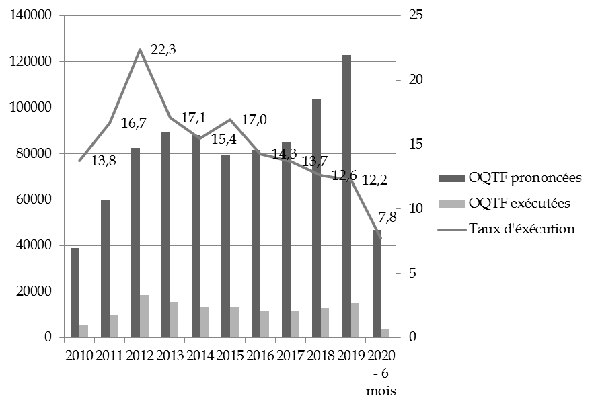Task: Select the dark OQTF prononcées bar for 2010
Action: (75, 292)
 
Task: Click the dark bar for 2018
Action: (317, 218)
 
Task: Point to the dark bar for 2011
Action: (106, 268)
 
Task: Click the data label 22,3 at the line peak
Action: (162, 50)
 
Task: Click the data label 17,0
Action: (252, 120)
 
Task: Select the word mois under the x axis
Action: (381, 391)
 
